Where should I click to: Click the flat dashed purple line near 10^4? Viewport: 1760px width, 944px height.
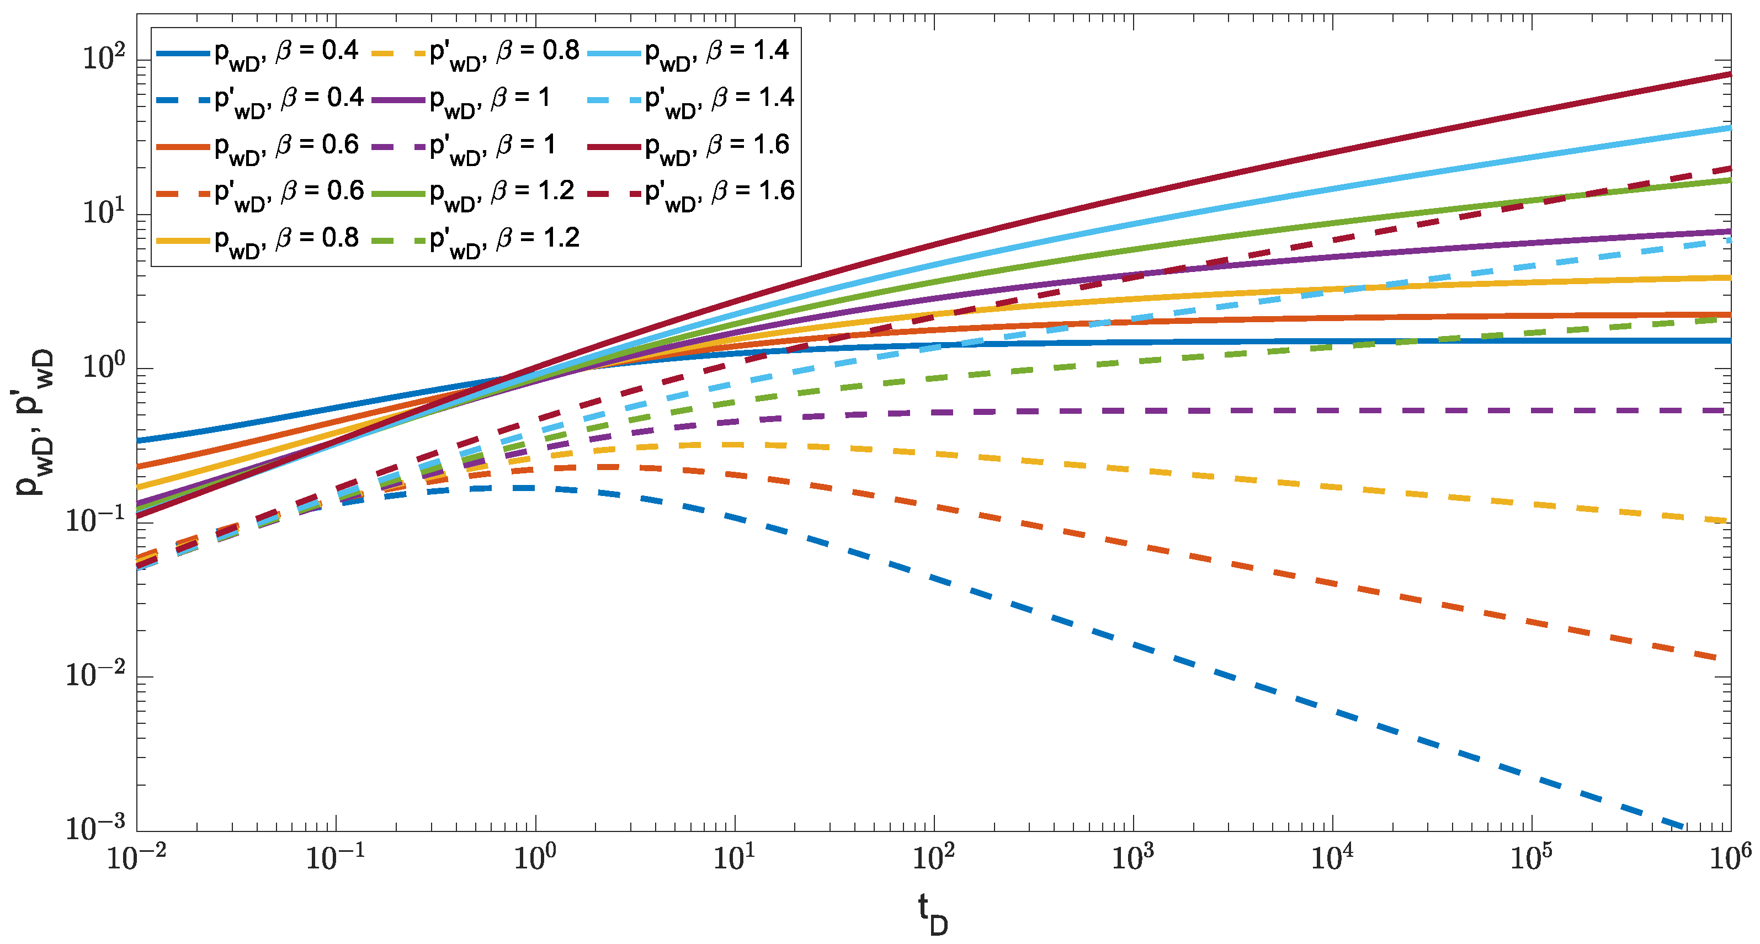pyautogui.click(x=1332, y=410)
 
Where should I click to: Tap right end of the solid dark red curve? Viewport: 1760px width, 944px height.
pyautogui.click(x=1729, y=74)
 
